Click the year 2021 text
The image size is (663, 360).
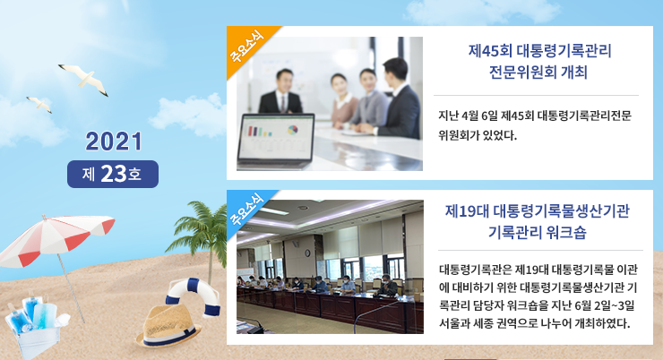click(x=113, y=141)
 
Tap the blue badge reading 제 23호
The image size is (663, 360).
click(x=113, y=174)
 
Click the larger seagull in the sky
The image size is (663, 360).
click(x=84, y=79)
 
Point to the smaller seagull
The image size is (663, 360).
click(x=39, y=104)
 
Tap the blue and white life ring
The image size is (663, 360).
click(x=194, y=296)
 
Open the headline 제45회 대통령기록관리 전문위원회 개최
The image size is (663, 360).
click(x=539, y=62)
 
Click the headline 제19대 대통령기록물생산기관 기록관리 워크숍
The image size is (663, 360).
click(x=537, y=221)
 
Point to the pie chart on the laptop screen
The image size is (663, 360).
click(x=293, y=130)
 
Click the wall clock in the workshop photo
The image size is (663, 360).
click(x=307, y=253)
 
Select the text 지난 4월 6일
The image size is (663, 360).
click(x=468, y=116)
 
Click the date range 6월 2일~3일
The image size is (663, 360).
click(x=605, y=305)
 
